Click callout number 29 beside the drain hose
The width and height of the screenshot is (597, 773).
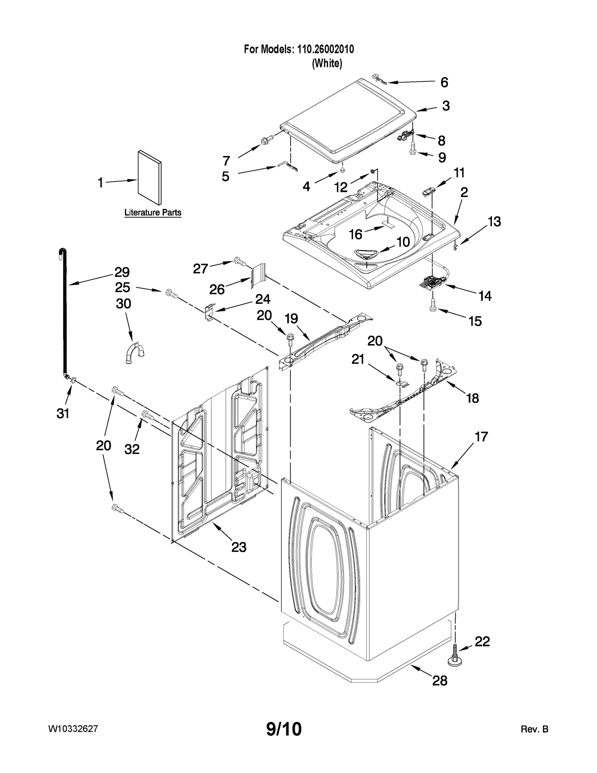(122, 272)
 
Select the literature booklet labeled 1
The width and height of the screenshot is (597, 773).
(150, 178)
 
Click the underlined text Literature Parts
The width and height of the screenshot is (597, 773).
(153, 213)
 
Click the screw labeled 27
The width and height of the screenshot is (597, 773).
(239, 262)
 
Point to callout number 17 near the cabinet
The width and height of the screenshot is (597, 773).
(481, 436)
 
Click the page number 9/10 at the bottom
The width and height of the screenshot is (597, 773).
(284, 729)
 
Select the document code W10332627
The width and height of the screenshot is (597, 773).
(73, 729)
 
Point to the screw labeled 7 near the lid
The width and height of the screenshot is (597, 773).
(266, 141)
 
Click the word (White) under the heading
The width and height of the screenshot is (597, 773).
(327, 63)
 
